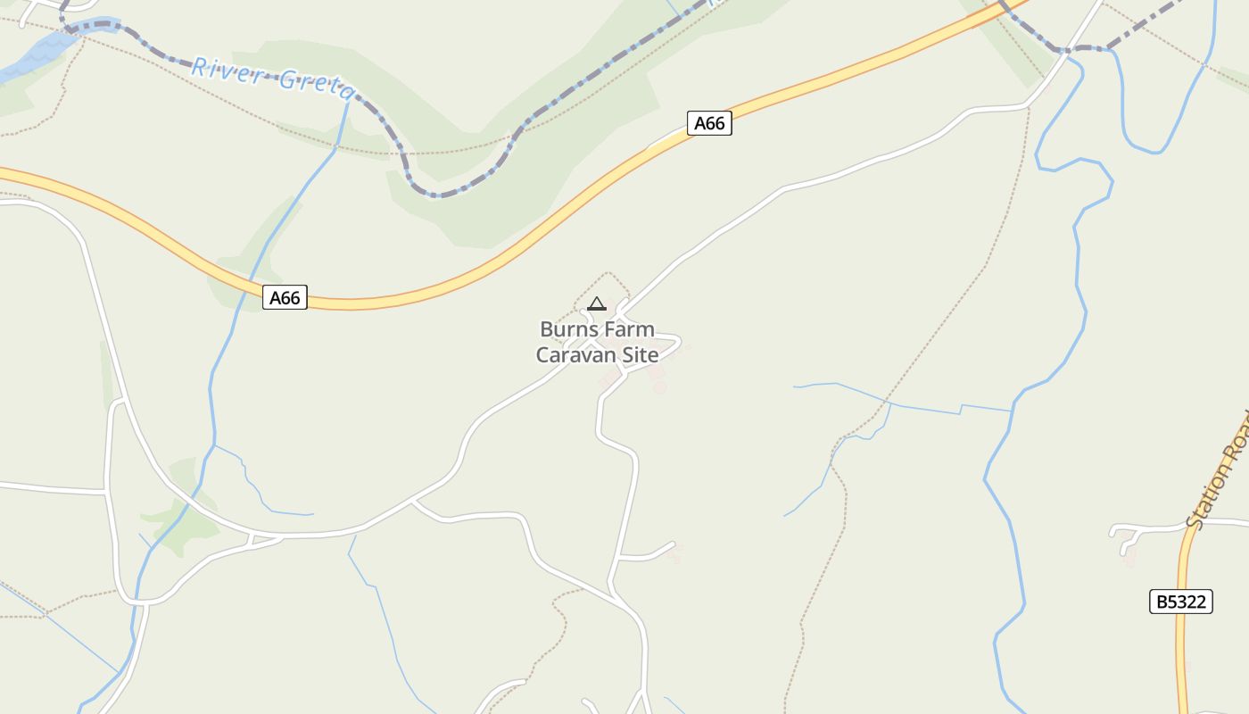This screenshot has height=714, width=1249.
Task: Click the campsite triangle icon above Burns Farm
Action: pyautogui.click(x=597, y=303)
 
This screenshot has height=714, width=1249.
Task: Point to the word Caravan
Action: pyautogui.click(x=575, y=354)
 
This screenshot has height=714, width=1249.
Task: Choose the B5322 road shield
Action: pyautogui.click(x=1180, y=602)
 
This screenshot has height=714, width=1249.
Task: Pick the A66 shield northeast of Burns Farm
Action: pyautogui.click(x=709, y=123)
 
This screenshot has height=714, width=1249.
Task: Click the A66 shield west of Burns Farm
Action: pyautogui.click(x=285, y=297)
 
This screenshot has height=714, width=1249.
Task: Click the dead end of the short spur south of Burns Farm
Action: pyautogui.click(x=674, y=543)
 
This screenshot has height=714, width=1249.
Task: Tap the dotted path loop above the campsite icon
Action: pyautogui.click(x=608, y=274)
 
